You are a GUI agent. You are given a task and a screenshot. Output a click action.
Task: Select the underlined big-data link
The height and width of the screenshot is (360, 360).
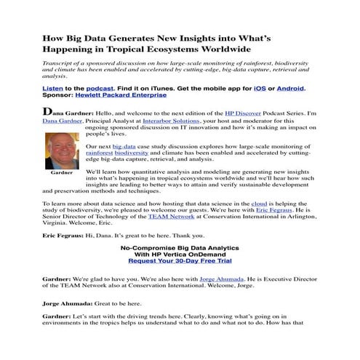coord(124,145)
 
